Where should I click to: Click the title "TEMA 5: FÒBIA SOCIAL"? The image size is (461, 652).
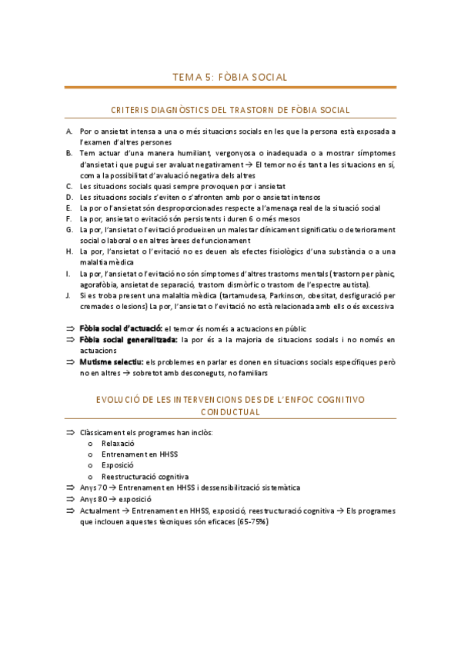[230, 77]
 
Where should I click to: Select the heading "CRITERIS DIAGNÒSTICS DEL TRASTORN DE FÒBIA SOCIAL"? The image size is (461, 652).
[230, 110]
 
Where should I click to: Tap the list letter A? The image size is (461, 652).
[69, 131]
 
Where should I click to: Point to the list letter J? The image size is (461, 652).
[69, 295]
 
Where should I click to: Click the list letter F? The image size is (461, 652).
[69, 218]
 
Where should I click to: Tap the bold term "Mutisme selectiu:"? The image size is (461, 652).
[112, 361]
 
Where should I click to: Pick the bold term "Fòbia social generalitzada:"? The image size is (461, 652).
[129, 339]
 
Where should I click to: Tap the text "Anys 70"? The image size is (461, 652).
[93, 487]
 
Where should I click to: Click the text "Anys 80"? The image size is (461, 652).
[93, 498]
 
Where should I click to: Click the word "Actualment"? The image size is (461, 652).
[100, 510]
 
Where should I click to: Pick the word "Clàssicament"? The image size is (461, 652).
[104, 433]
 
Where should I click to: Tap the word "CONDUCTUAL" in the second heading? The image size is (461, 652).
[230, 412]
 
